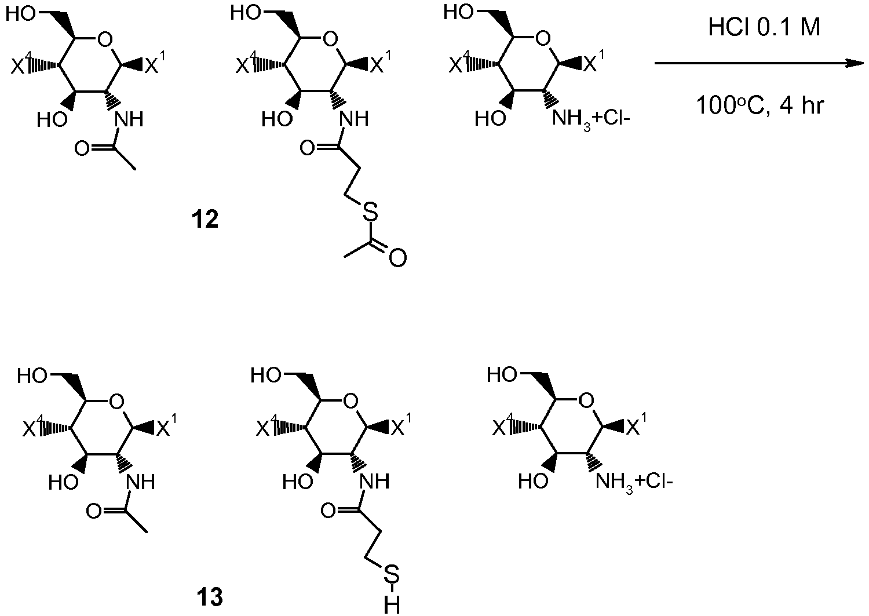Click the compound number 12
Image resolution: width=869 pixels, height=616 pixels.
205,220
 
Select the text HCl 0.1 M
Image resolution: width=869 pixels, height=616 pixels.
764,28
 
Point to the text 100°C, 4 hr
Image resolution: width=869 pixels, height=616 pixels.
760,105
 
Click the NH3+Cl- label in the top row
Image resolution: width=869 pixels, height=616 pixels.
590,119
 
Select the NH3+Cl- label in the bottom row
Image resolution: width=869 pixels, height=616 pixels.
634,482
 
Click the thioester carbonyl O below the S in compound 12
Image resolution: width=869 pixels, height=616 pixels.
397,258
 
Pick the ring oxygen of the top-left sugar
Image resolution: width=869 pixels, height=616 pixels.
105,39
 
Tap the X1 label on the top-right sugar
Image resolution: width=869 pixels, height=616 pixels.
594,62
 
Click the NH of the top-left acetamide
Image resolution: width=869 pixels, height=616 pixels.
129,119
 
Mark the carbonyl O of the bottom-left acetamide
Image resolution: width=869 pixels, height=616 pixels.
94,512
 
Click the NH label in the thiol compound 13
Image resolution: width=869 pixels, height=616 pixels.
374,482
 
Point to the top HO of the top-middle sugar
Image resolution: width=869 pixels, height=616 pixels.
246,13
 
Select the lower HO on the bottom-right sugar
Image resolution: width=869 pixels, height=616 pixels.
534,482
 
